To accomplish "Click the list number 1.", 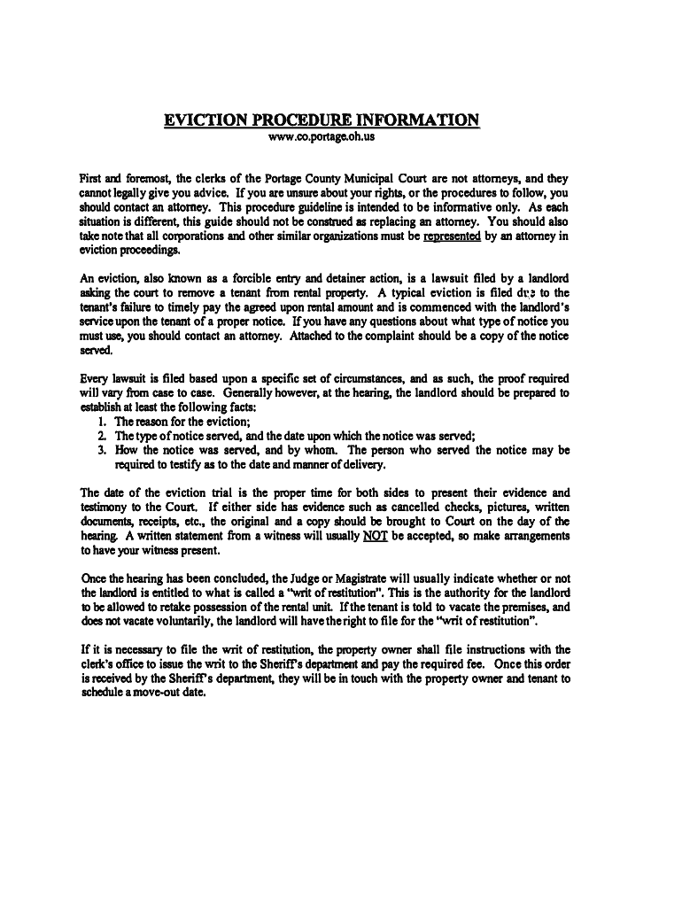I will (x=104, y=422).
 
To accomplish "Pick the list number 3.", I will (x=104, y=450).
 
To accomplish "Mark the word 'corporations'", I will (x=179, y=236).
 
